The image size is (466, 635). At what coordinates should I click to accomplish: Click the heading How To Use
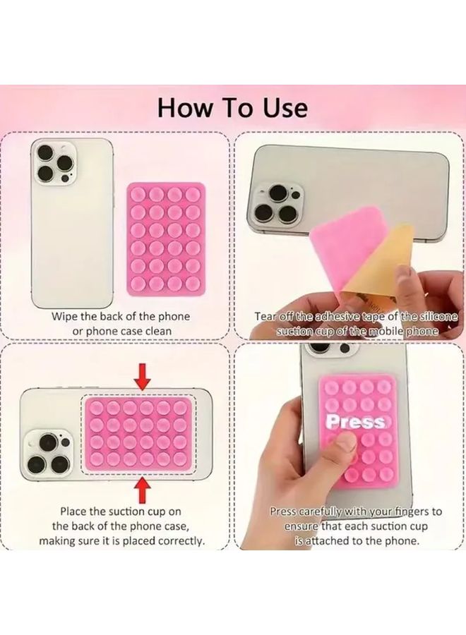(232, 107)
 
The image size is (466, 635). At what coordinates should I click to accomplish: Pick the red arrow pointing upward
(143, 488)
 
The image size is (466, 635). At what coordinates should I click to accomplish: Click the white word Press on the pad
(355, 422)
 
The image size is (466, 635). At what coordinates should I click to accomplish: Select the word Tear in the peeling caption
(268, 316)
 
